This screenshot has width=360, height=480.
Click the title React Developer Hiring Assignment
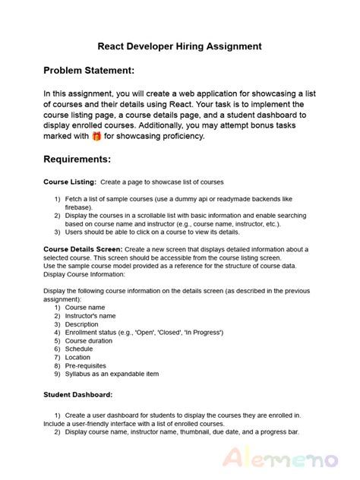180,46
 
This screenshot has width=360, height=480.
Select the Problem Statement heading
89,71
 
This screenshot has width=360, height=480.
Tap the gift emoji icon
96,137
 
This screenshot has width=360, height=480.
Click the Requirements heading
77,160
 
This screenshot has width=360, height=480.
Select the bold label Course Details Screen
82,249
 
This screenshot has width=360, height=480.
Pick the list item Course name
84,308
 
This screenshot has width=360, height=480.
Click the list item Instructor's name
90,316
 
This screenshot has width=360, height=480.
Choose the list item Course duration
90,341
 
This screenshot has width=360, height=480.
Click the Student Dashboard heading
78,394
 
